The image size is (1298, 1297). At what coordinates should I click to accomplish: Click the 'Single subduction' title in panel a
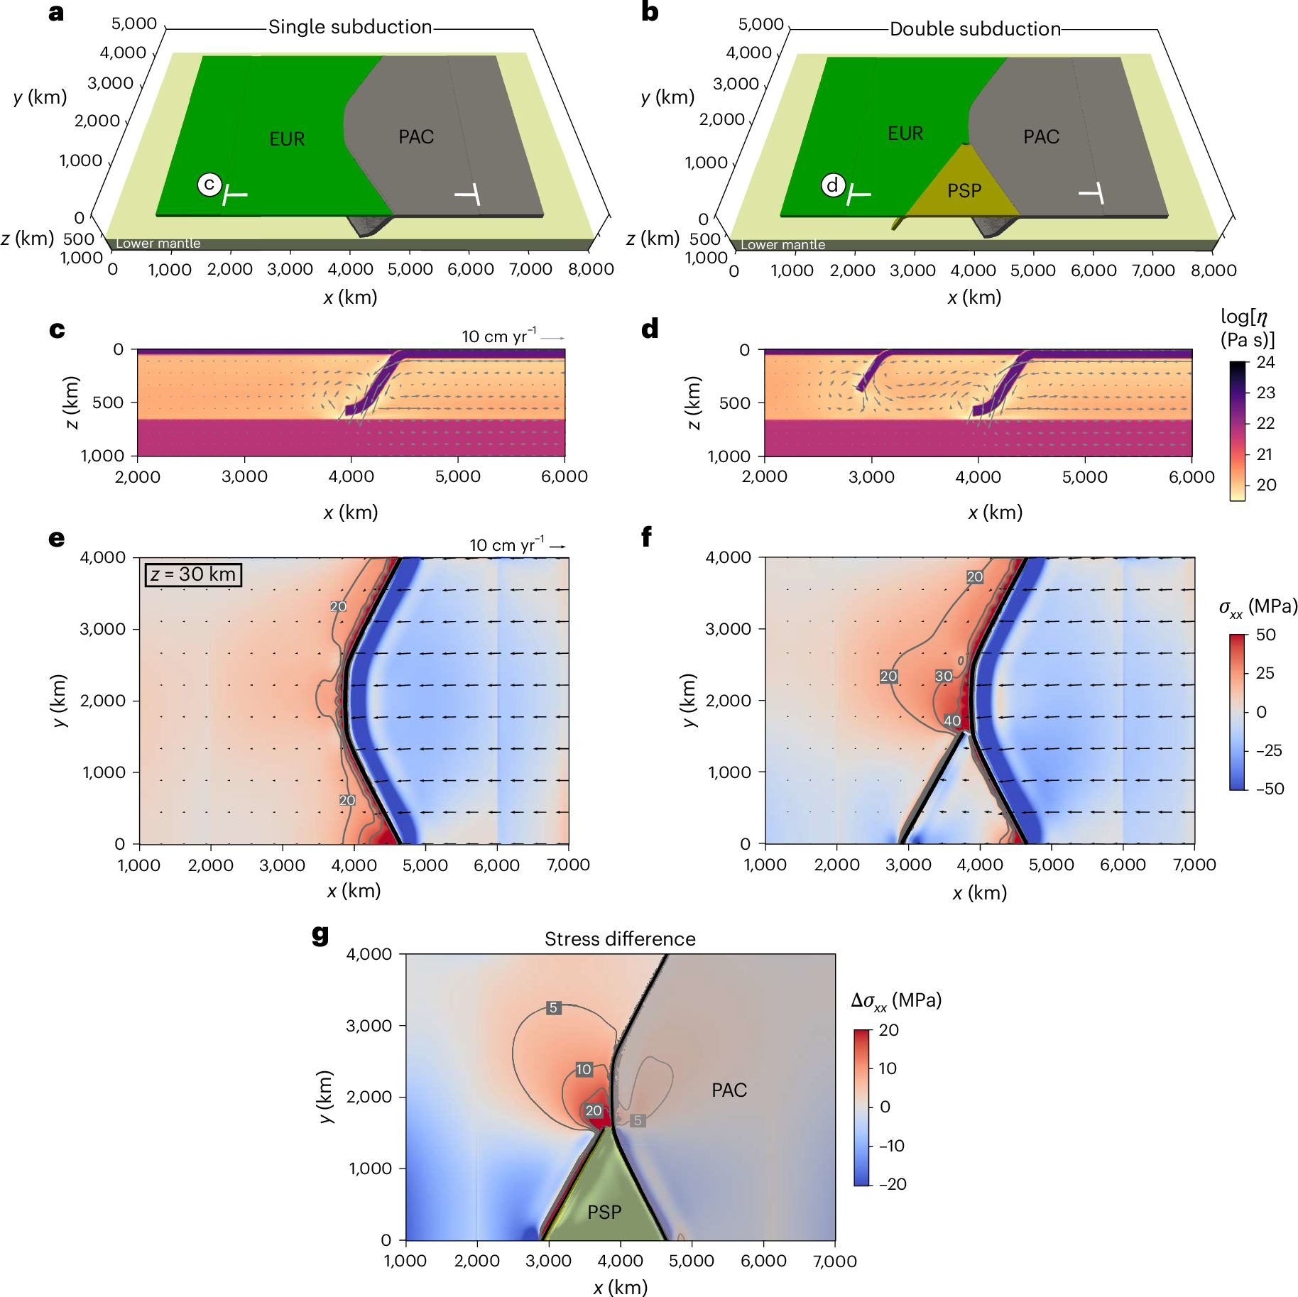point(350,27)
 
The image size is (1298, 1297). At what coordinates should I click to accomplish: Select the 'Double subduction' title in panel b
point(975,29)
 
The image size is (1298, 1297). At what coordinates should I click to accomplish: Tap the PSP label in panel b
point(964,191)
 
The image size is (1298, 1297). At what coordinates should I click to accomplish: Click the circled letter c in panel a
point(209,185)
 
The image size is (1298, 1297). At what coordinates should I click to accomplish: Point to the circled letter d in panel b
point(833,185)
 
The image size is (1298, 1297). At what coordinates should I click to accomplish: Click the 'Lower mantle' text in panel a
point(158,243)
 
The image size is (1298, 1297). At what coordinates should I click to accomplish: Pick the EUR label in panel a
point(287,139)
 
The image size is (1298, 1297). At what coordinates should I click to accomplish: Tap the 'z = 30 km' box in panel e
point(193,574)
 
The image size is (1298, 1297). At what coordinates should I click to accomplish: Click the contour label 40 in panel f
point(952,721)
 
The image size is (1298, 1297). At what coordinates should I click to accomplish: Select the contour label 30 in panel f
point(943,676)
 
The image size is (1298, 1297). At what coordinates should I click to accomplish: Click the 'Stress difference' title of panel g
point(620,939)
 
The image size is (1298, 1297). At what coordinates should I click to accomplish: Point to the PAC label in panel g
point(729,1090)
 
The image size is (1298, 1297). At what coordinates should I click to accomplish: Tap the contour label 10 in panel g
point(584,1069)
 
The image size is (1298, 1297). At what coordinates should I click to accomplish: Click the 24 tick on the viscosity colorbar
point(1265,363)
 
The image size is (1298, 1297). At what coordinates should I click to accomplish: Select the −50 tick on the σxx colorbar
point(1269,789)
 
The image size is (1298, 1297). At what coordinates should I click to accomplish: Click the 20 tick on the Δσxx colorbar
point(888,1030)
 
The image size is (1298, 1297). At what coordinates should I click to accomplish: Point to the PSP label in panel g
point(604,1213)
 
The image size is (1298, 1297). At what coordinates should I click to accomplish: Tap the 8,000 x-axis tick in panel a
point(591,270)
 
